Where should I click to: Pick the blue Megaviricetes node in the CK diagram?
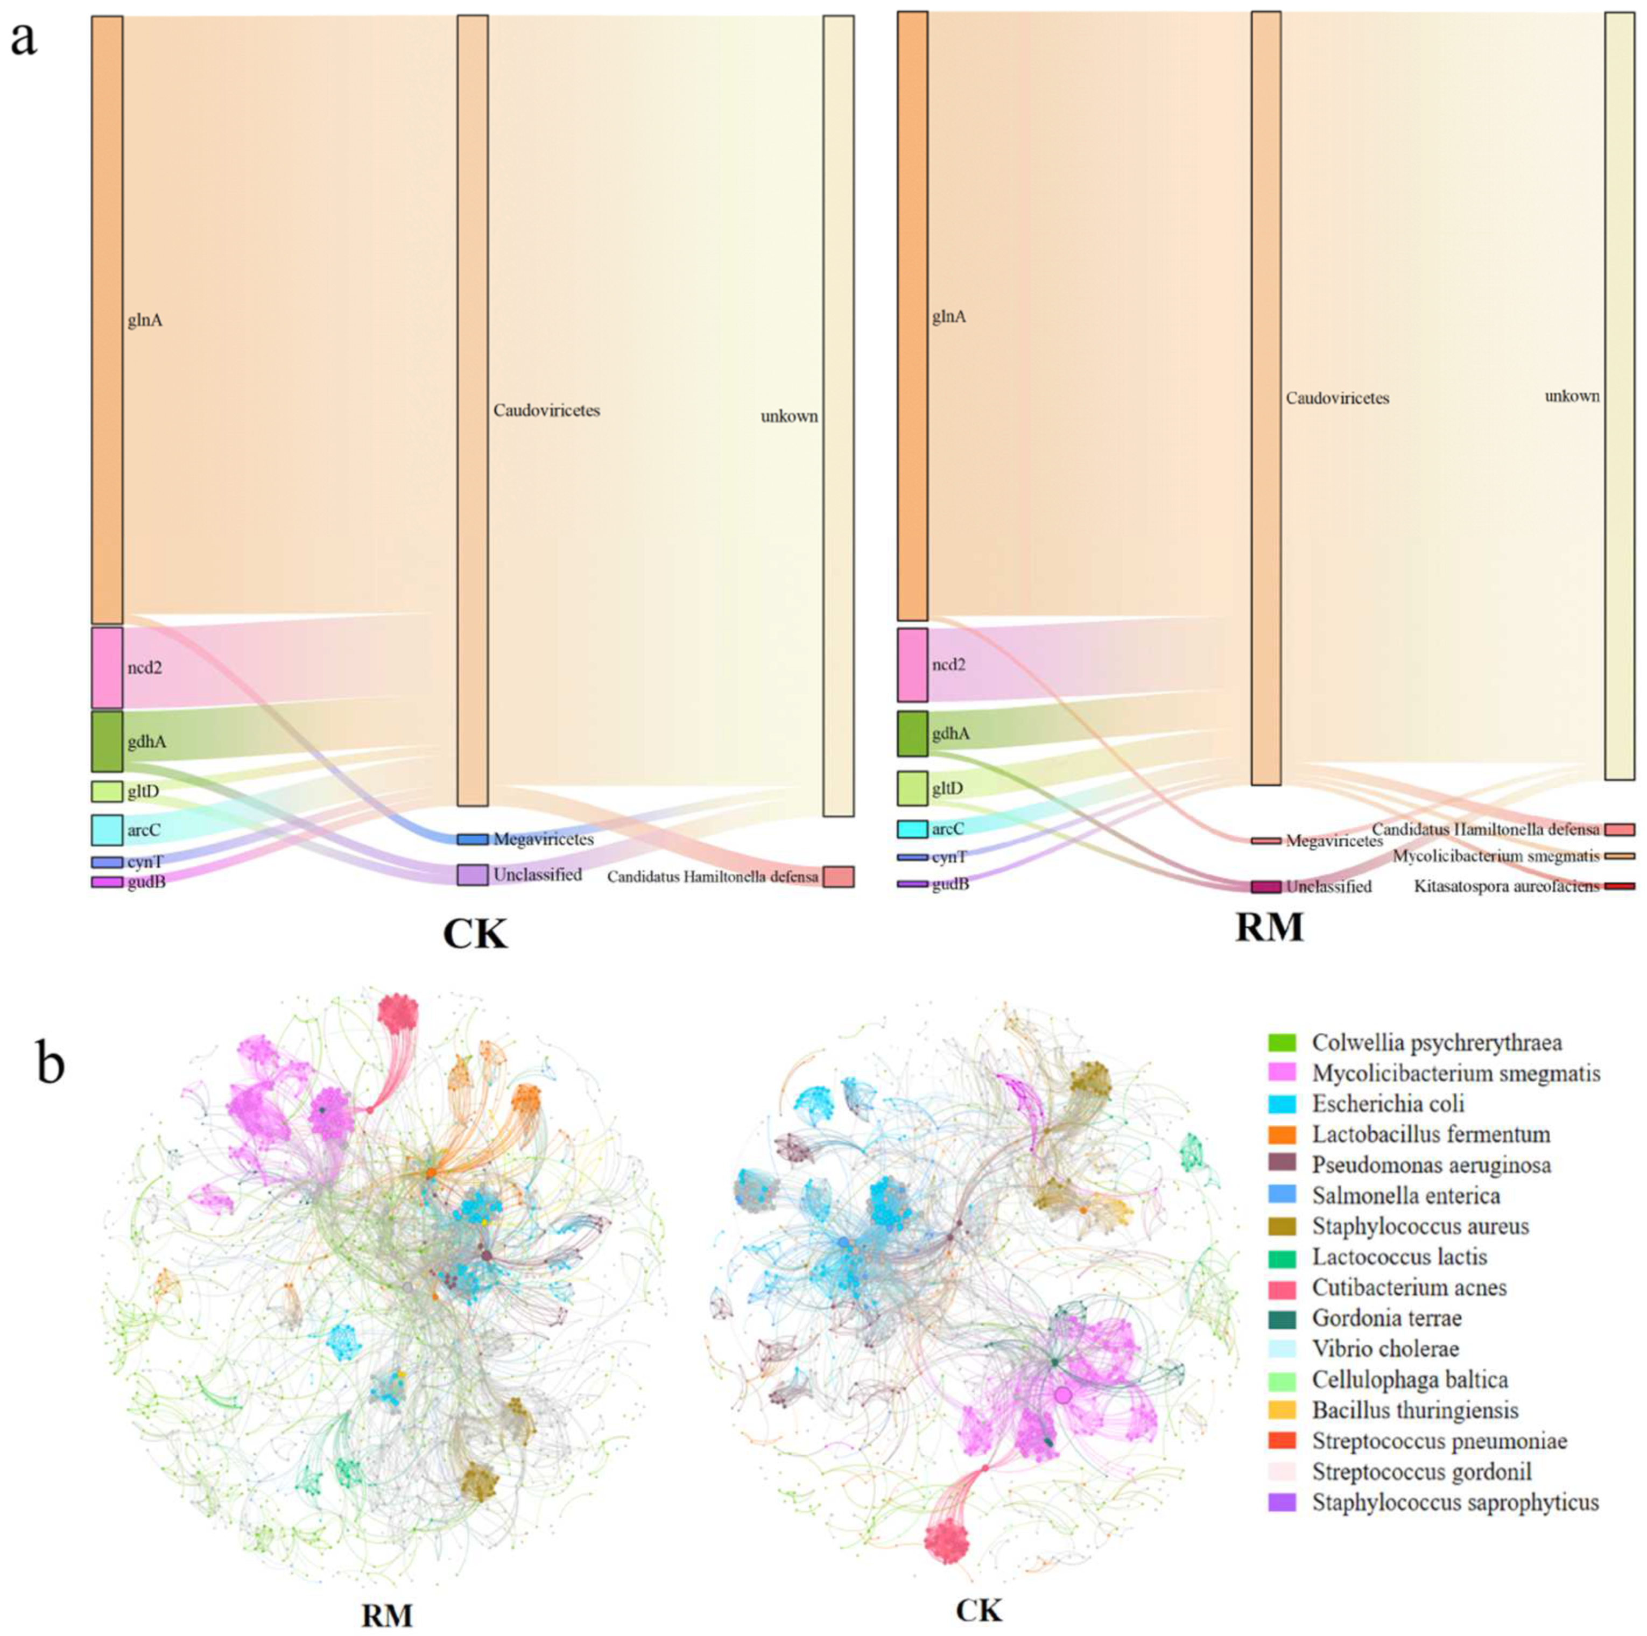[x=472, y=840]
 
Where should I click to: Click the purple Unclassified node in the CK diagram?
[x=472, y=875]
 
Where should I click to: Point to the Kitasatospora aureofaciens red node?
[x=1620, y=886]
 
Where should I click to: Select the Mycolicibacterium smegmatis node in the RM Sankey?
[x=1620, y=856]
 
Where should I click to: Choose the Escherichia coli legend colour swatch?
[x=1282, y=1104]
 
